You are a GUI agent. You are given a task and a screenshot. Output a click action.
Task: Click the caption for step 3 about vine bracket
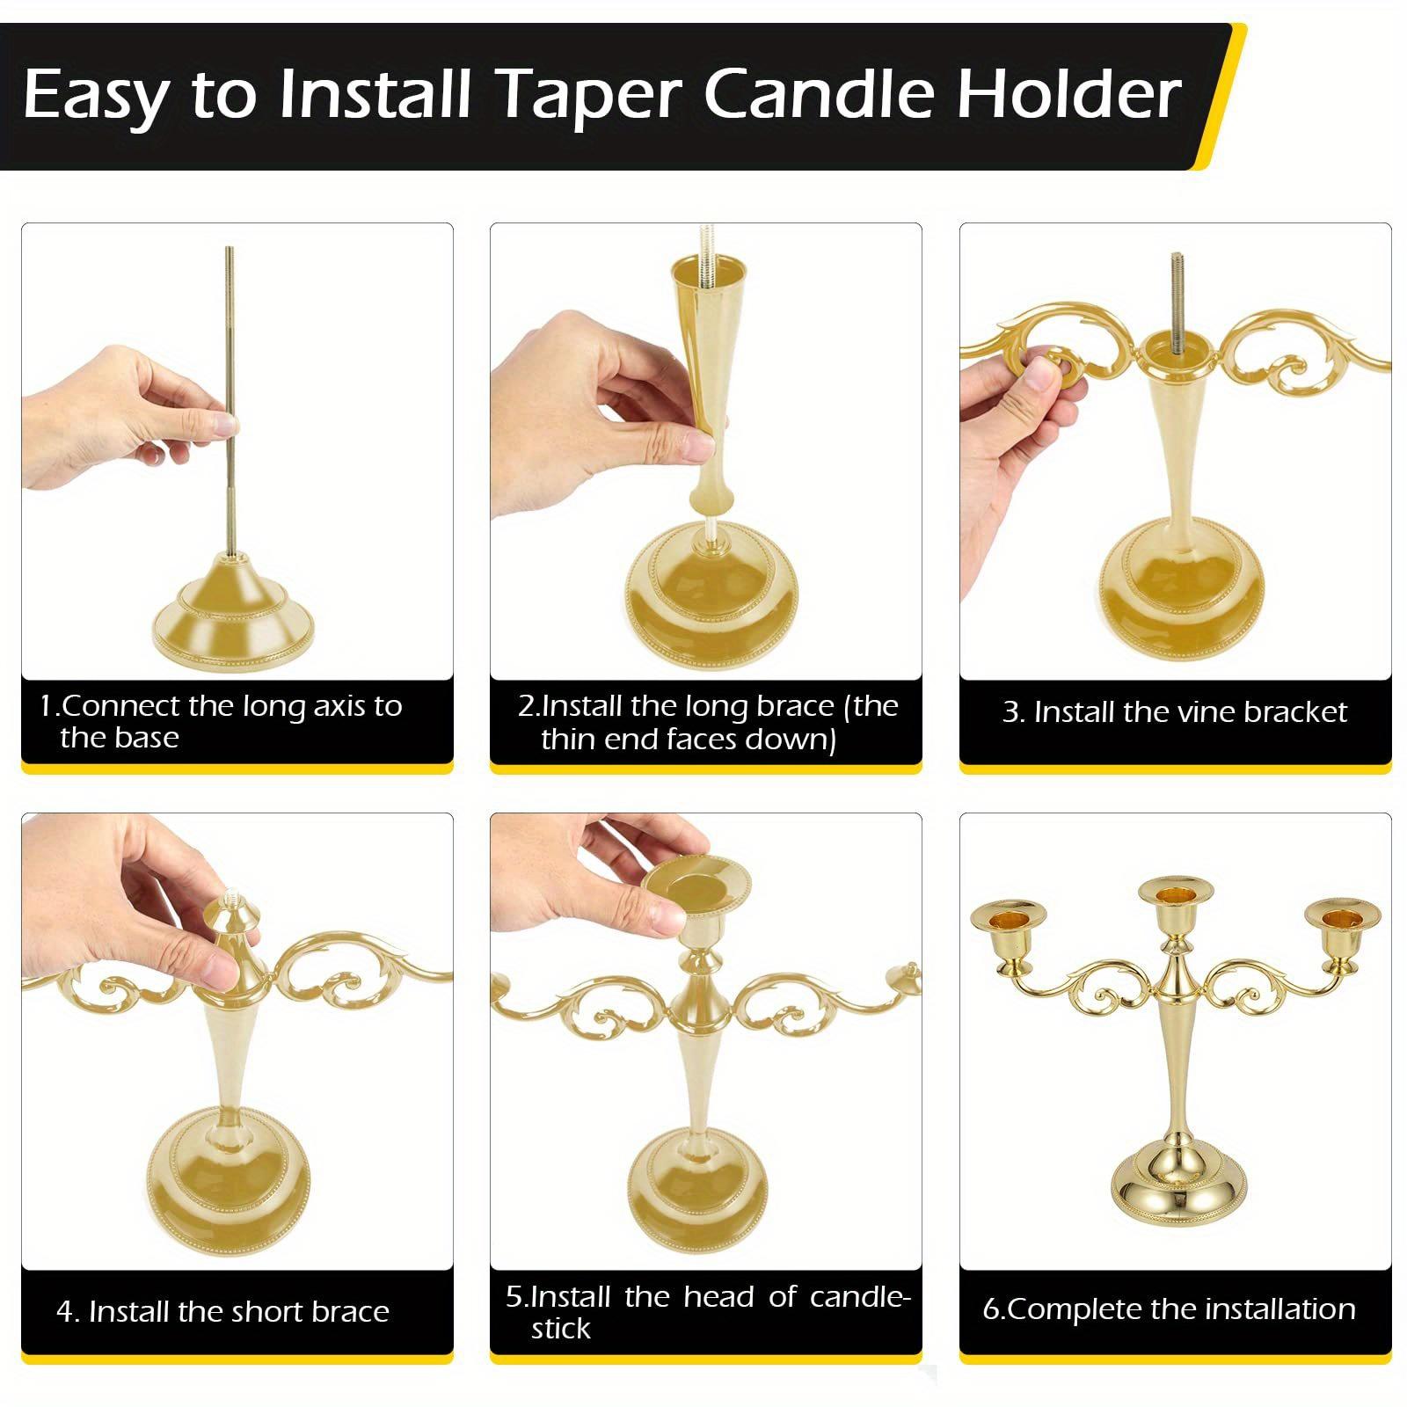click(1174, 711)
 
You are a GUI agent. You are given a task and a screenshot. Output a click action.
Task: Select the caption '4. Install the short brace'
click(222, 1311)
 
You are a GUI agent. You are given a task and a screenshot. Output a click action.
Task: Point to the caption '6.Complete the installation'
click(1169, 1309)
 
